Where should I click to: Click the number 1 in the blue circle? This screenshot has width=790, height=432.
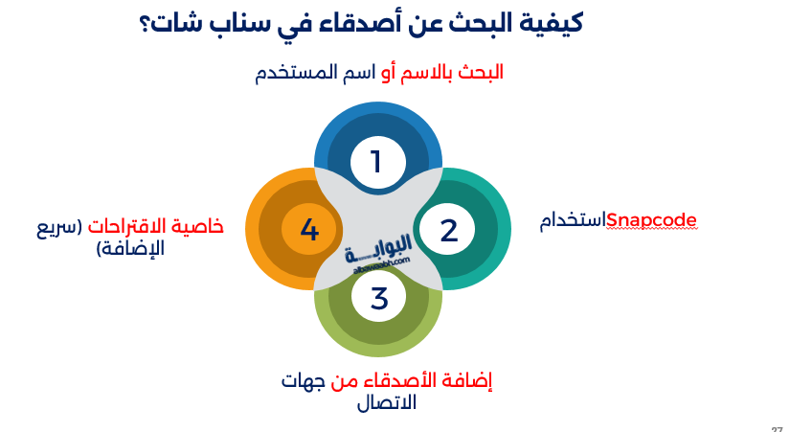coord(376,162)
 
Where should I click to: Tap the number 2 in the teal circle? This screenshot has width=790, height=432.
coord(448,230)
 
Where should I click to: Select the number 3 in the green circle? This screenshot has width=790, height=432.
coord(379,299)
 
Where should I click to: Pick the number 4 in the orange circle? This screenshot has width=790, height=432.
coord(308,230)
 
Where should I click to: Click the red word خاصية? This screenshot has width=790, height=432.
coord(199,226)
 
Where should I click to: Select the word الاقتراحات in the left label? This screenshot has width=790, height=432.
coord(127,226)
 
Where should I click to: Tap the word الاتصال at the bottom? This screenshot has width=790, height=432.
coord(386,403)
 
